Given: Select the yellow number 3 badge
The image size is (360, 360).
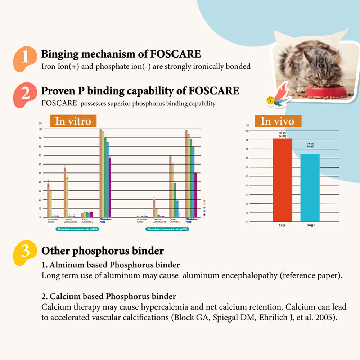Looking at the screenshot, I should point(25,252).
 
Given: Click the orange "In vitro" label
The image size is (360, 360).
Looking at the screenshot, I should point(73,121).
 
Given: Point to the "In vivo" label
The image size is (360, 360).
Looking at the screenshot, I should point(277,121).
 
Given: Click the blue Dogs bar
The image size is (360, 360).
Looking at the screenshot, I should point(310,187).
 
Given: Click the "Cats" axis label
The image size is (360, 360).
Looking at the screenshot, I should point(283,225).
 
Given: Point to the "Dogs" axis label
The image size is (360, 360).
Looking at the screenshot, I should point(310,225).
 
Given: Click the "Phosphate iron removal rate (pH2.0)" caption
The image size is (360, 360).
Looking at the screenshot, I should point(77,229).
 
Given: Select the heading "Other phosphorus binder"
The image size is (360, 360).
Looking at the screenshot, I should point(103,251).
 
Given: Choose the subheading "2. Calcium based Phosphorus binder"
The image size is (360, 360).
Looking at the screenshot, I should point(109,297).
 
